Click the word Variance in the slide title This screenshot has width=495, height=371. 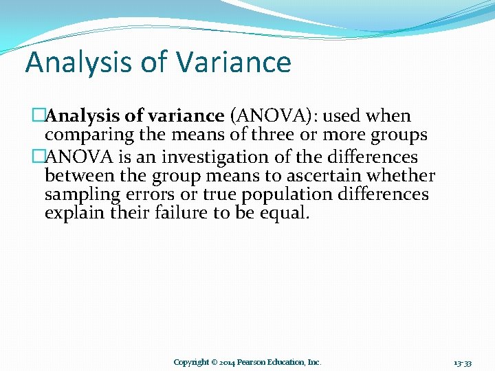pyautogui.click(x=234, y=62)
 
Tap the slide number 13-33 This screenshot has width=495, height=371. pyautogui.click(x=463, y=362)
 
